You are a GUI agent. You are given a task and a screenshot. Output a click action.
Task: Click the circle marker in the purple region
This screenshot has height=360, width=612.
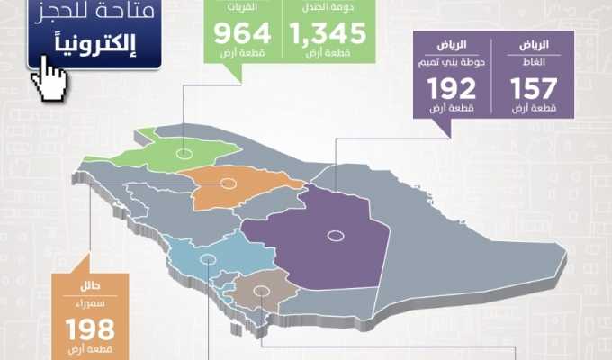point(336,236)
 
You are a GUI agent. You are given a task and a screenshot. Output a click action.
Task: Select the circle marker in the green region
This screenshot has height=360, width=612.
point(184,154)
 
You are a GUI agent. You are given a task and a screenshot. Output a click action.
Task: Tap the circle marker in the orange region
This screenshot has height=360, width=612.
point(228,184)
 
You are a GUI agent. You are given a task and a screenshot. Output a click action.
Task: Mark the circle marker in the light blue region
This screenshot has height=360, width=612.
point(209,257)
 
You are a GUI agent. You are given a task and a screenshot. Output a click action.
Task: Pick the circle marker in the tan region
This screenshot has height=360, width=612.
point(261,291)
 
